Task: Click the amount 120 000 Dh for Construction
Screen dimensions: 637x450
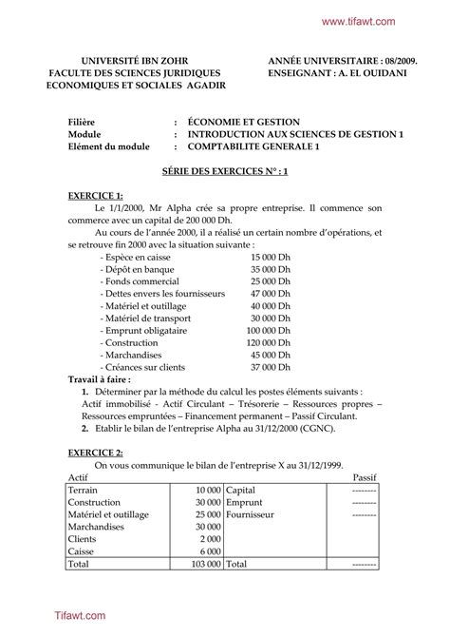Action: point(268,342)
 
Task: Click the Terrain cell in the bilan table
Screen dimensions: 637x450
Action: point(84,489)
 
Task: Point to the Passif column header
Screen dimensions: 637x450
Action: point(366,476)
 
